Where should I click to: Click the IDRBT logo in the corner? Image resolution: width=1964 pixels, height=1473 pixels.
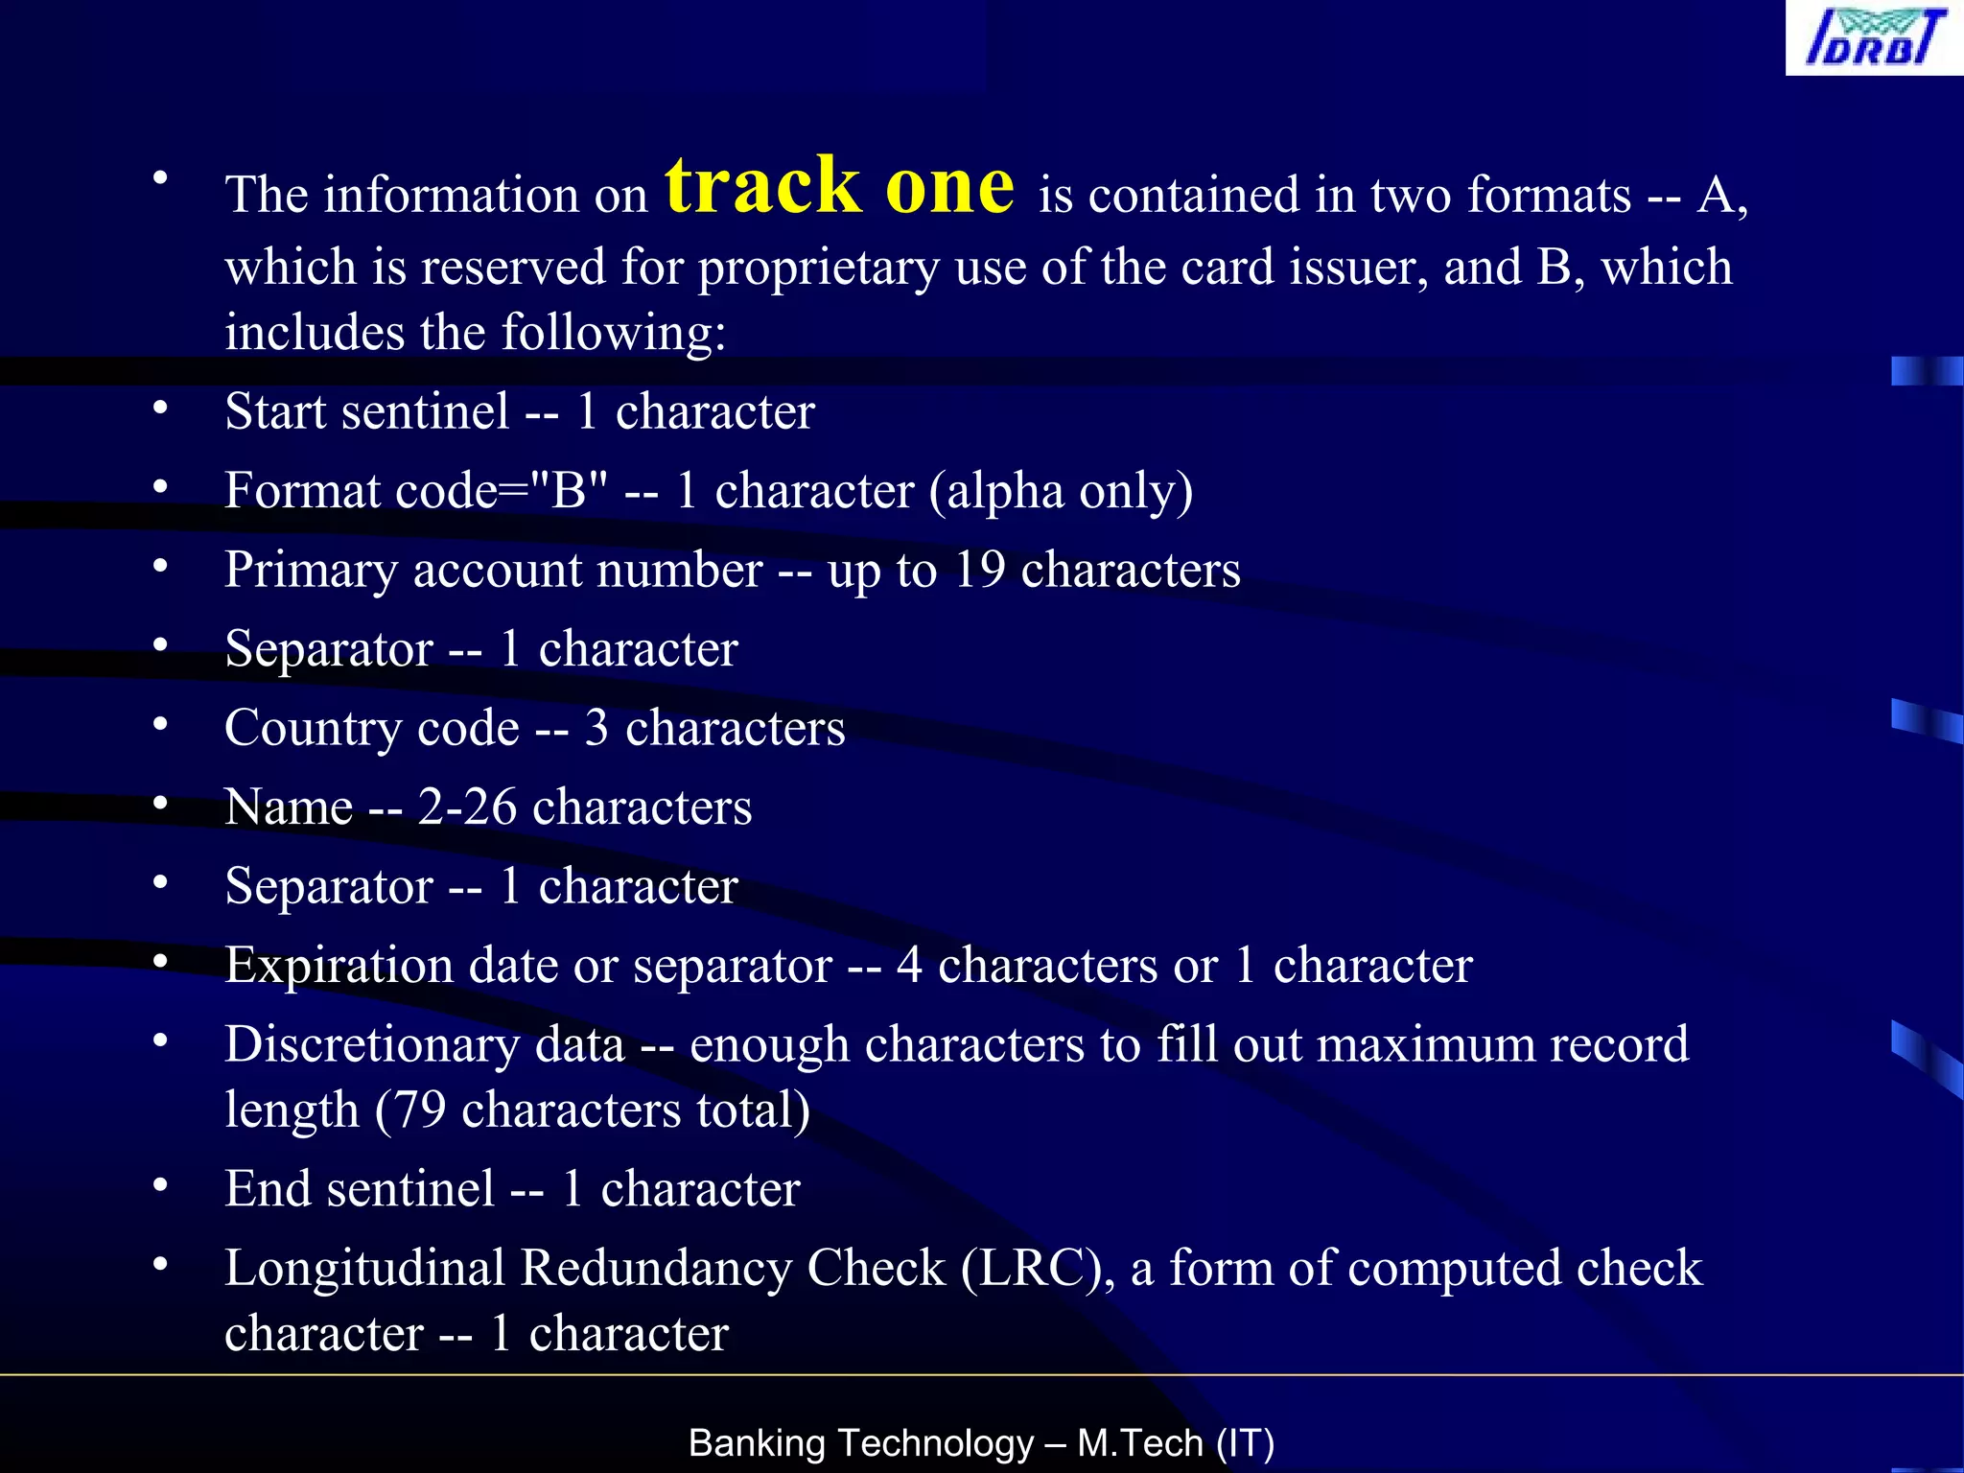click(x=1874, y=38)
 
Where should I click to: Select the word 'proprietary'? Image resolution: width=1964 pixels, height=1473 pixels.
click(x=818, y=269)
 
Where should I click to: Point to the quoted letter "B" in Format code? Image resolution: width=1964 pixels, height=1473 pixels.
click(x=568, y=490)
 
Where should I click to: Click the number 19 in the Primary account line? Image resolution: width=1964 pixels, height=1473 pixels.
click(x=979, y=570)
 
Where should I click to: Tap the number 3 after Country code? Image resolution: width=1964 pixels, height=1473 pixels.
click(x=596, y=728)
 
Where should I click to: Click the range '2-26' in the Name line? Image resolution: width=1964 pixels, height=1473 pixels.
click(x=466, y=807)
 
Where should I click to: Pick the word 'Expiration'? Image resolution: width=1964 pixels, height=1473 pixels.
click(x=339, y=965)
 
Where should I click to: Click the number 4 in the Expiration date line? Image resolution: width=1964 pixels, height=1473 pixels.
click(x=909, y=965)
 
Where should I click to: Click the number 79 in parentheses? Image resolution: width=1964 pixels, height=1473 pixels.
click(x=420, y=1111)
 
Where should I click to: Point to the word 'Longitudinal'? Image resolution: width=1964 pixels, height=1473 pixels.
click(x=364, y=1269)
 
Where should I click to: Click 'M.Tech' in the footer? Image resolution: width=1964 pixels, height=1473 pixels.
click(x=1140, y=1443)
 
